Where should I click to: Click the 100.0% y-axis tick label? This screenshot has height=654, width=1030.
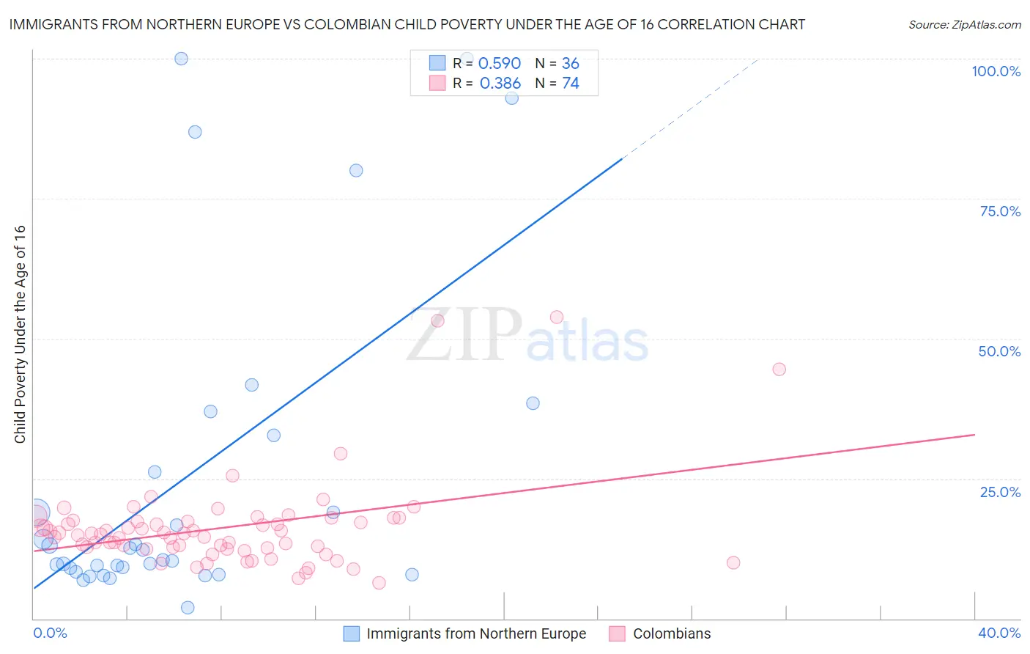(x=996, y=71)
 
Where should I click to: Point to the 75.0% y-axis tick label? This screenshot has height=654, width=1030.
(x=1000, y=211)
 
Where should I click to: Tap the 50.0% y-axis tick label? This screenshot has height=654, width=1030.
(x=999, y=351)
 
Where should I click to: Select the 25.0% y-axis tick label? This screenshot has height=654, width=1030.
(x=1000, y=492)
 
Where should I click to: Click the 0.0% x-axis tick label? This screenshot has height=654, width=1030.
(x=50, y=633)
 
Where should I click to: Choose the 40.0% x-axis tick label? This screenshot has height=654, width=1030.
(x=999, y=633)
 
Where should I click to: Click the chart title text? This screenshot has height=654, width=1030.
(x=407, y=24)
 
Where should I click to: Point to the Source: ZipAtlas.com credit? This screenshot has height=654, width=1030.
(x=964, y=24)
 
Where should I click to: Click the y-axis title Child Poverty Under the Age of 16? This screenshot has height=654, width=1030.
(x=20, y=334)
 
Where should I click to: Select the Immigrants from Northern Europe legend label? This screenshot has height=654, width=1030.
(x=476, y=633)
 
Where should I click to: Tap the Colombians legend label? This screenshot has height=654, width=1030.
(x=672, y=633)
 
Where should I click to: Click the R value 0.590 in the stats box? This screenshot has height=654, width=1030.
(x=499, y=64)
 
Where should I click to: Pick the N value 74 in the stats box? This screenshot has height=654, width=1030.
(x=571, y=84)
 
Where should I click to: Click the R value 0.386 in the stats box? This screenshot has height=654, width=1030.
(x=500, y=84)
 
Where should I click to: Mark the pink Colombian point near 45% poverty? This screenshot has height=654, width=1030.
(x=779, y=369)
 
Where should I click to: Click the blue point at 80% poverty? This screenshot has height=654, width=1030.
(x=356, y=170)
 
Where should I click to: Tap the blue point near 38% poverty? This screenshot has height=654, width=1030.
(x=533, y=403)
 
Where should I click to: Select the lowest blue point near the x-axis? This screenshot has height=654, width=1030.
(x=188, y=607)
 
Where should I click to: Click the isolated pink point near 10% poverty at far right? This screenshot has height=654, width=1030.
(x=733, y=562)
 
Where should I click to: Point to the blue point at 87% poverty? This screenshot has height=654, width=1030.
(x=195, y=132)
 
